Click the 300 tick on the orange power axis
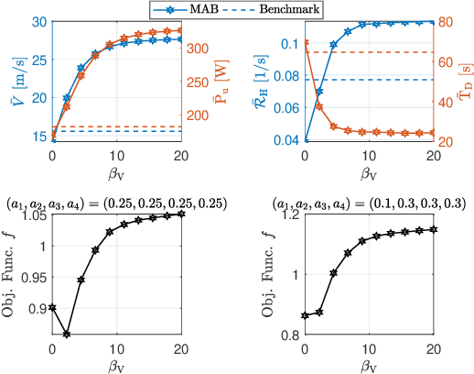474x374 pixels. [x=199, y=46]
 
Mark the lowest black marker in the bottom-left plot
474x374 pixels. [x=66, y=333]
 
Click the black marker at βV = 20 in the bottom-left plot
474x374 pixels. [x=181, y=214]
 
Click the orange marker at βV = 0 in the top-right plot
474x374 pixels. [x=306, y=42]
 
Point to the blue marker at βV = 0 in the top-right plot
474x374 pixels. [x=306, y=140]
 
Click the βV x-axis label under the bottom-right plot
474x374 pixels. [x=369, y=365]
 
